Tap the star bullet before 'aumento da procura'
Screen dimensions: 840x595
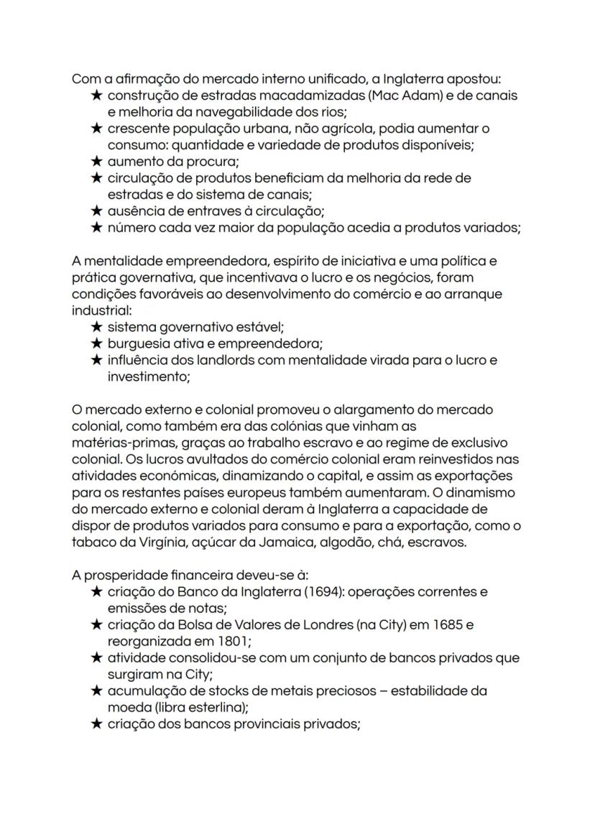(97, 162)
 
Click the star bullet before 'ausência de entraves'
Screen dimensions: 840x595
(97, 211)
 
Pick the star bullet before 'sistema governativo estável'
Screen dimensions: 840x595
(97, 327)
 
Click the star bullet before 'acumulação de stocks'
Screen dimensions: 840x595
(97, 691)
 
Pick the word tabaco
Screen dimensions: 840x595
(92, 543)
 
